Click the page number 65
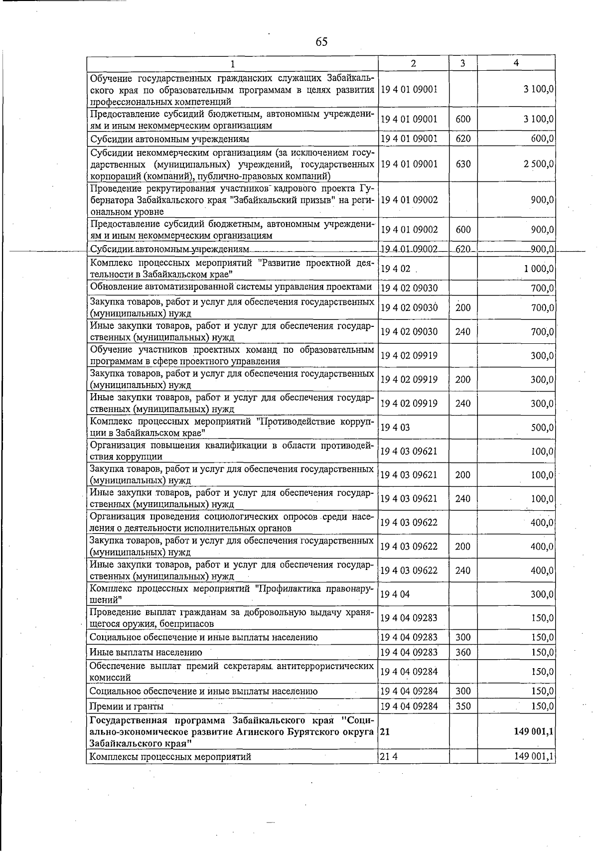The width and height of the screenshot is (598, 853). click(321, 42)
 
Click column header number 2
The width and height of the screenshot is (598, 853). click(413, 63)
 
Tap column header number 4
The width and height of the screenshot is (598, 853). click(516, 63)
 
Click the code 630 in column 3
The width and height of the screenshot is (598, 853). click(463, 164)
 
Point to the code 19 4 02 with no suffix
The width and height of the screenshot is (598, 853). click(395, 269)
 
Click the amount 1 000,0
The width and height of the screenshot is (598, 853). click(539, 269)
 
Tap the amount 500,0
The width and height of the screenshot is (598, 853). click(542, 427)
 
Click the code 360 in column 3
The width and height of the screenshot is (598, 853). click(463, 652)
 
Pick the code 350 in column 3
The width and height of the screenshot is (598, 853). click(463, 706)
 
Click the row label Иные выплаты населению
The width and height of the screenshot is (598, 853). click(146, 652)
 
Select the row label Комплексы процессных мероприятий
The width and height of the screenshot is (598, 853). click(170, 757)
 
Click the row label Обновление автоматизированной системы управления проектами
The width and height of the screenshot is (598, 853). click(231, 287)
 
